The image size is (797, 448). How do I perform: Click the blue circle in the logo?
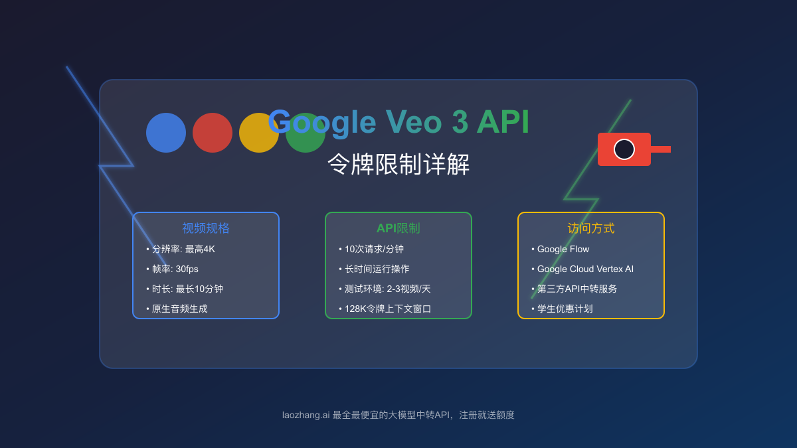click(166, 133)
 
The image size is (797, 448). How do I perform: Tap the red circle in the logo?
click(213, 133)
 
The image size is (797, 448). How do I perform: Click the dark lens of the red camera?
click(624, 149)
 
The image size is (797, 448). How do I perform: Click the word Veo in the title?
click(414, 122)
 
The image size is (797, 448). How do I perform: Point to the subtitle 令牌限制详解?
click(398, 164)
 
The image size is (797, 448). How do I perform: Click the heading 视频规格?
click(206, 228)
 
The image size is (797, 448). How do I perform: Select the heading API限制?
click(398, 228)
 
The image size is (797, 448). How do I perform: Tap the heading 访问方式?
click(591, 228)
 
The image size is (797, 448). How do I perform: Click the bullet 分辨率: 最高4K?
click(183, 249)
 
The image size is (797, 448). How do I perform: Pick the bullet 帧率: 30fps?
click(175, 269)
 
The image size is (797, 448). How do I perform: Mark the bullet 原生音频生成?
click(179, 309)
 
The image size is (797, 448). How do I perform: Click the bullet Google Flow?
click(563, 249)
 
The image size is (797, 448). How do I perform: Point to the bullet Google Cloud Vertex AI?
click(585, 269)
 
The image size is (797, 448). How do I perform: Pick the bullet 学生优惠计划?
click(565, 309)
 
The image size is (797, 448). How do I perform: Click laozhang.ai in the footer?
click(306, 415)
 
